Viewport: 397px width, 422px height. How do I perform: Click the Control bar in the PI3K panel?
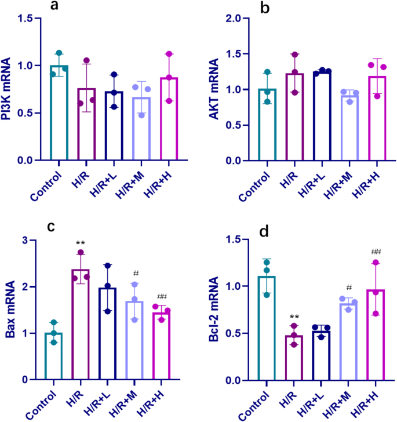59,113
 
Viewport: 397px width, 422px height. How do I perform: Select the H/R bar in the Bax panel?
81,325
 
